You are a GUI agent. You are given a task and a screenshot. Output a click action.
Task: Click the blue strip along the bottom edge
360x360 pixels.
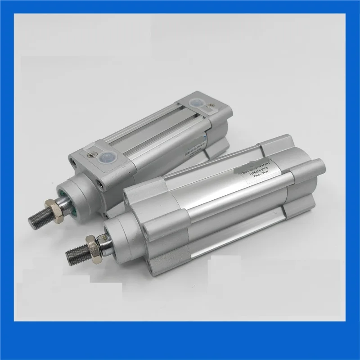180,350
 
